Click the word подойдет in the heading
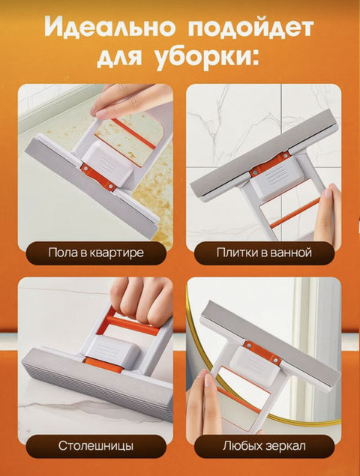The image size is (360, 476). click(247, 28)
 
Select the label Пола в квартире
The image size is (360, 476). click(96, 253)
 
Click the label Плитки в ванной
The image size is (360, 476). click(264, 253)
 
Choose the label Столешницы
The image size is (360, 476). click(96, 446)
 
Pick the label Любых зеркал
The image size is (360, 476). click(264, 446)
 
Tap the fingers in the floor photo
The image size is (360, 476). click(135, 97)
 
